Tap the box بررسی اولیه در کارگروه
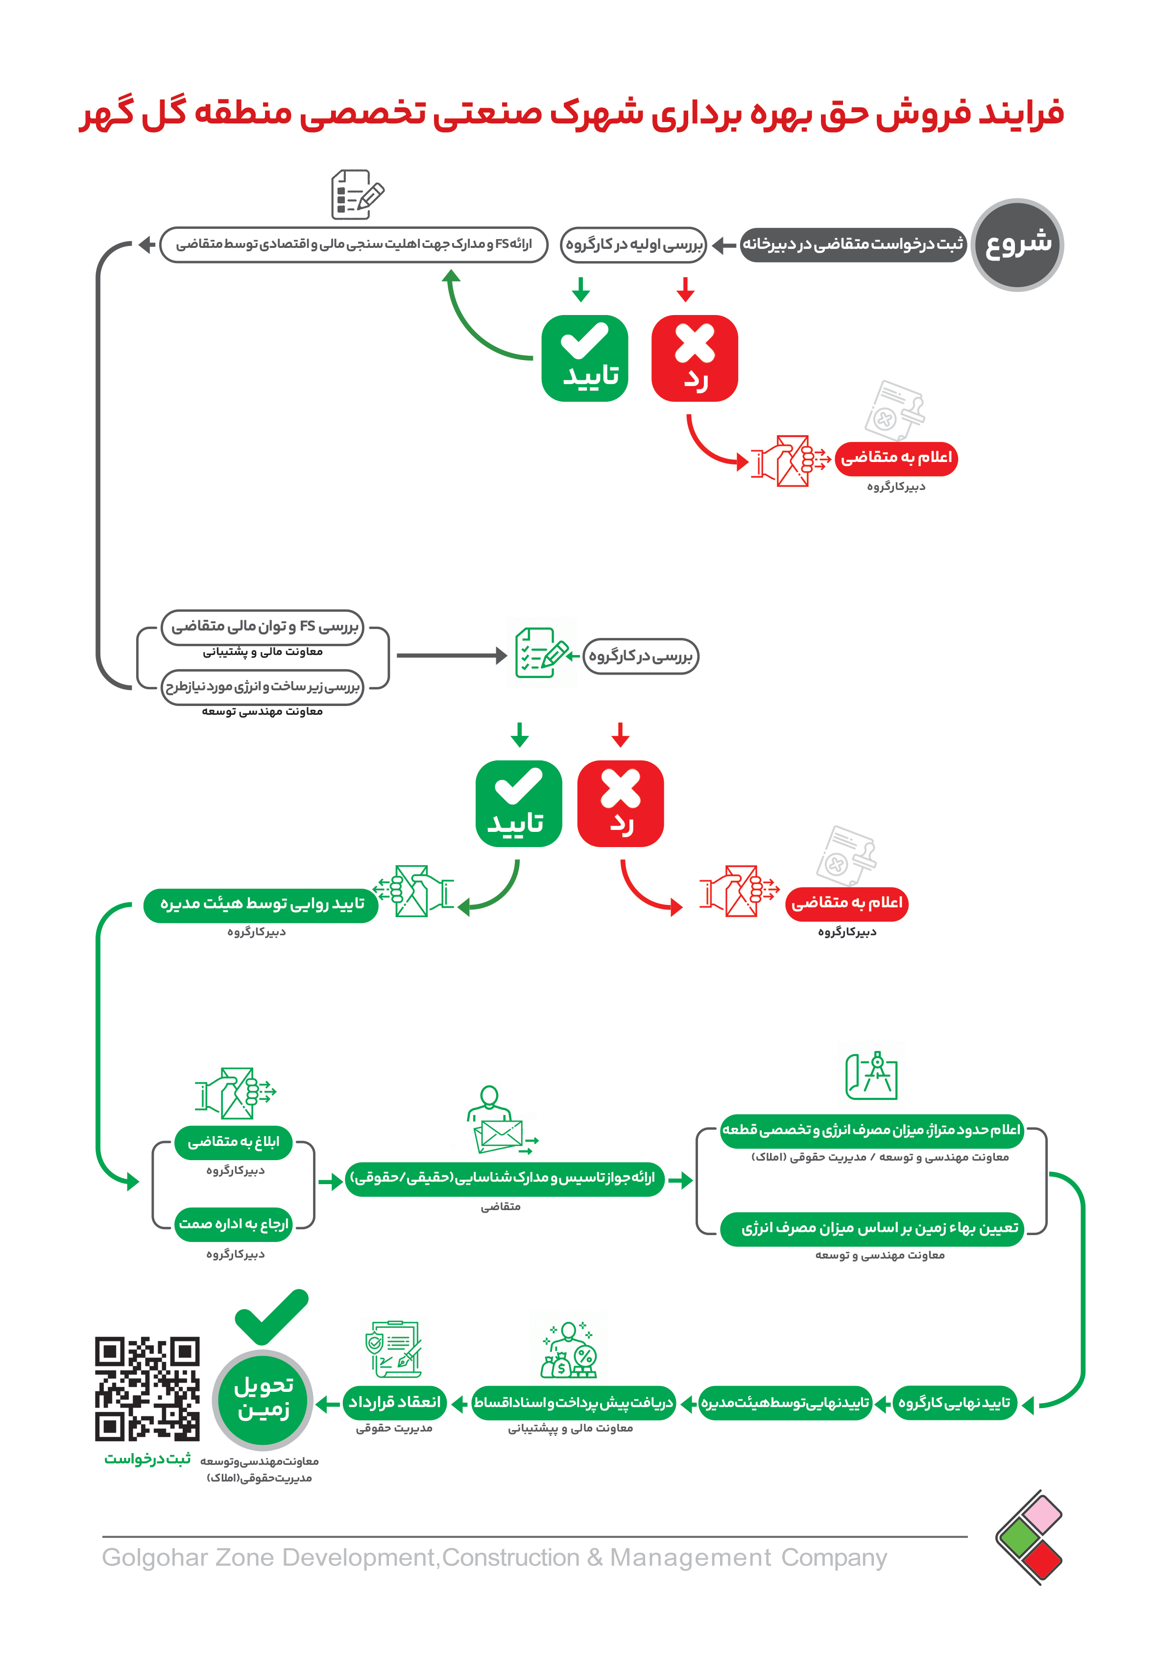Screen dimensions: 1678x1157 tap(633, 244)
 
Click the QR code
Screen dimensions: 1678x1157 tap(147, 1388)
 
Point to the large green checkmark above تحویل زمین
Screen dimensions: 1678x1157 tap(272, 1316)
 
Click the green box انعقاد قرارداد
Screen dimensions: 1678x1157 tap(394, 1403)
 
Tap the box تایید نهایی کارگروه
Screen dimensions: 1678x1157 tap(954, 1403)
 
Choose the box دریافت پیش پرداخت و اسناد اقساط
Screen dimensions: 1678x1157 tap(574, 1403)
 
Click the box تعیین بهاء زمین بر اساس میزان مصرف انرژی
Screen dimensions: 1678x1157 tap(872, 1228)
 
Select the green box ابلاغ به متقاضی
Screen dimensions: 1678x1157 tap(234, 1142)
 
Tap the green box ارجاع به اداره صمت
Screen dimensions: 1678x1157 tap(234, 1224)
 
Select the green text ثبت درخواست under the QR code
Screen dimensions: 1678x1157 tap(148, 1459)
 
